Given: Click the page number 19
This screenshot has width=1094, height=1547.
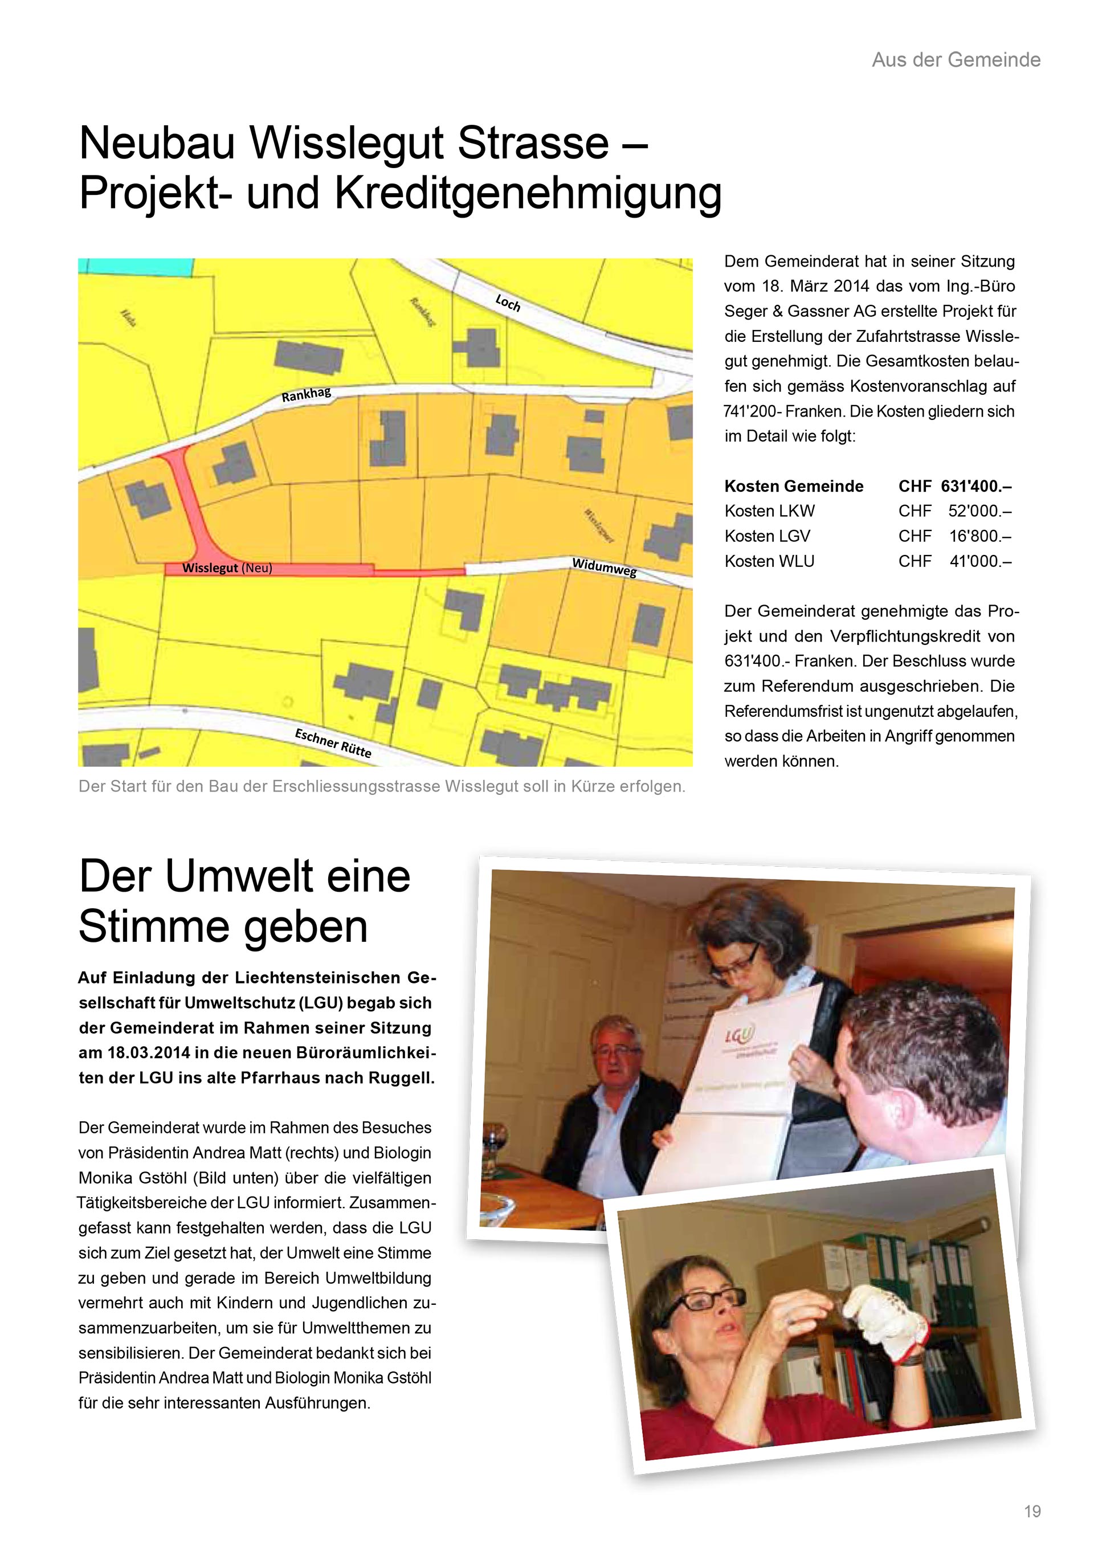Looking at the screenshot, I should tap(1032, 1511).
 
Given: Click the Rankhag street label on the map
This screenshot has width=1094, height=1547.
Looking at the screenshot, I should tap(307, 395).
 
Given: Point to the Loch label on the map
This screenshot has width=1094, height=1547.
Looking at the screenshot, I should tap(508, 303).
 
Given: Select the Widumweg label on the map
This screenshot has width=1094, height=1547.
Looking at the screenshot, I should tap(604, 568).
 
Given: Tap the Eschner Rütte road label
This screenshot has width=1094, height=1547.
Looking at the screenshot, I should tap(333, 742).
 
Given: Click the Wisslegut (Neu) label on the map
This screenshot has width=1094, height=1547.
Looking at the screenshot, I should tap(227, 568).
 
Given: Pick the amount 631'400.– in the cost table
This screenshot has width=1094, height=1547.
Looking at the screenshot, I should tap(976, 487).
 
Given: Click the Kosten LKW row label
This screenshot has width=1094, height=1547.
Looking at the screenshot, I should tap(769, 512).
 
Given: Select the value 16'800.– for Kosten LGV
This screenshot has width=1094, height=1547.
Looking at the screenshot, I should tap(980, 536).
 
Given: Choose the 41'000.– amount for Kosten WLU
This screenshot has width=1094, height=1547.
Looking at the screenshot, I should tap(980, 561).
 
